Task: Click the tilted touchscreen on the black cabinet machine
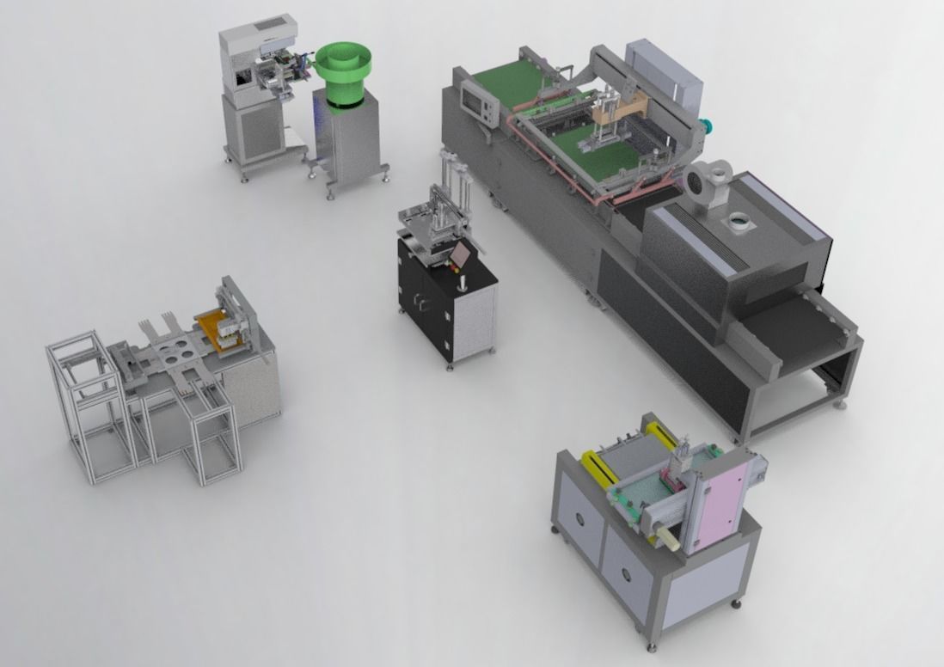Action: pyautogui.click(x=463, y=255)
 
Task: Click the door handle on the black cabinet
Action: pyautogui.click(x=420, y=301)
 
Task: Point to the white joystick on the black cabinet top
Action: pyautogui.click(x=463, y=282)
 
